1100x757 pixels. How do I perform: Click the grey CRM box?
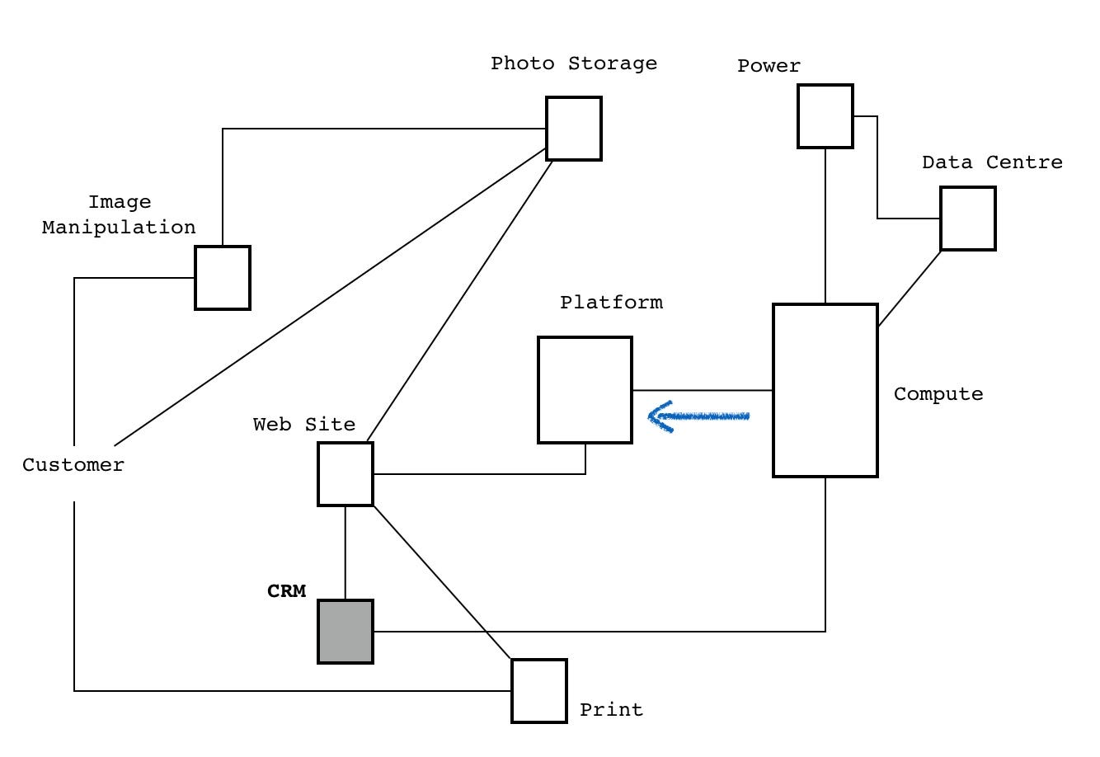346,631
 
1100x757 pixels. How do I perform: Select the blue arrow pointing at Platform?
698,416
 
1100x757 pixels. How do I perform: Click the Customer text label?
73,465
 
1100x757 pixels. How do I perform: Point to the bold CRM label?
286,590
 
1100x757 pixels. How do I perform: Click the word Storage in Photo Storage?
613,63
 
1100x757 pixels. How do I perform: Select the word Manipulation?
119,228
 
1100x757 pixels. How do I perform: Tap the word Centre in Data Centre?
1024,162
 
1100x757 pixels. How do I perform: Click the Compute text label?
938,394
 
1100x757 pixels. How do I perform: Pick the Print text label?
611,709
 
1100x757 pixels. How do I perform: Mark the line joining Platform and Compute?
703,390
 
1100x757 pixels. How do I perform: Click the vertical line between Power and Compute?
825,225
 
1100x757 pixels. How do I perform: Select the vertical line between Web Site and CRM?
346,552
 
